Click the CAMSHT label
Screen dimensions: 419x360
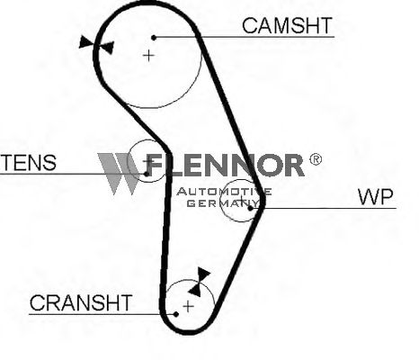tap(287, 25)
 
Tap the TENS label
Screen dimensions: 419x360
tap(28, 163)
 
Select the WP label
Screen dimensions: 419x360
tap(375, 197)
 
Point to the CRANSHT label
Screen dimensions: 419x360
tap(81, 302)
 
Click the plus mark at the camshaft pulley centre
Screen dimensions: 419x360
tap(148, 56)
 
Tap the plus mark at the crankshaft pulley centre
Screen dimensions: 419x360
tap(188, 306)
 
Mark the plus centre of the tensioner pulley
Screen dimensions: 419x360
tap(147, 162)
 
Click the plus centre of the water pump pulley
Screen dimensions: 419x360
tap(242, 200)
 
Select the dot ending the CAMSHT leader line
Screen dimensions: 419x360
tap(154, 38)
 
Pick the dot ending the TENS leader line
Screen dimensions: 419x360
tap(147, 174)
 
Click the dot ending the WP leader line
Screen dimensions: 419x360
tap(250, 208)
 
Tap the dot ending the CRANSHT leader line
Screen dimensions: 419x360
tap(176, 314)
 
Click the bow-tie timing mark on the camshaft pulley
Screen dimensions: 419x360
tap(97, 45)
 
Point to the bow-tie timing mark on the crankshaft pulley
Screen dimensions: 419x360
tap(200, 282)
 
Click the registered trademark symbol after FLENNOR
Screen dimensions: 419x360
tap(316, 159)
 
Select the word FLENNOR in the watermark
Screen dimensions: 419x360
tap(225, 165)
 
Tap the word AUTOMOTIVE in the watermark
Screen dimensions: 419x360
tap(224, 192)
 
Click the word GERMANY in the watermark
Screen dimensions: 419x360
tap(222, 203)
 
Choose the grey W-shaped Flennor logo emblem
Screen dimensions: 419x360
tap(120, 174)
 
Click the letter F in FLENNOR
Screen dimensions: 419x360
tap(156, 165)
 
